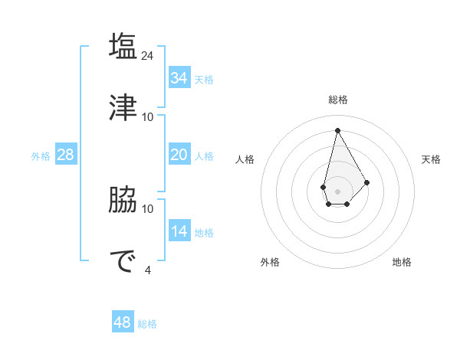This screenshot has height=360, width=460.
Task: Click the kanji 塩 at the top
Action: click(123, 47)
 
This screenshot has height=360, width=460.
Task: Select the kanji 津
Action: click(123, 107)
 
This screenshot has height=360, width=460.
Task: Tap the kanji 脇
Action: click(123, 201)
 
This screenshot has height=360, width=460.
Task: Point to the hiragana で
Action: click(123, 261)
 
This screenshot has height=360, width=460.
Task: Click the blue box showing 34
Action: click(179, 78)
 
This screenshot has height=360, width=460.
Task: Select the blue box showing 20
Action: click(179, 155)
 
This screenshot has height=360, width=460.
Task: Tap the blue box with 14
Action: click(179, 231)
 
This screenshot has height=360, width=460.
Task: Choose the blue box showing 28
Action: click(66, 155)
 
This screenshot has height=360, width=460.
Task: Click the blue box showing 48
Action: click(123, 322)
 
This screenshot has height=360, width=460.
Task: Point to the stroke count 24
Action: click(149, 56)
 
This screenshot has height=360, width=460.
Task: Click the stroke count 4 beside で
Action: click(147, 270)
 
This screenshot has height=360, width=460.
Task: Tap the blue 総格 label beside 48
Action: click(147, 324)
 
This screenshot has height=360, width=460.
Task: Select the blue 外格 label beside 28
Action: click(41, 156)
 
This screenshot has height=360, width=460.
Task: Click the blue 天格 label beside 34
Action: click(204, 80)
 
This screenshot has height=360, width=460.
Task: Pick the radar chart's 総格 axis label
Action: click(337, 100)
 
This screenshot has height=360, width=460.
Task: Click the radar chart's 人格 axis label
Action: click(245, 159)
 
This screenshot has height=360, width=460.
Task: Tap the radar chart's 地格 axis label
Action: click(402, 262)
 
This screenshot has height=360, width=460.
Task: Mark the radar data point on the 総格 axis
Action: click(337, 130)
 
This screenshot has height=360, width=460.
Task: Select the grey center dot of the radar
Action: click(337, 191)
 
